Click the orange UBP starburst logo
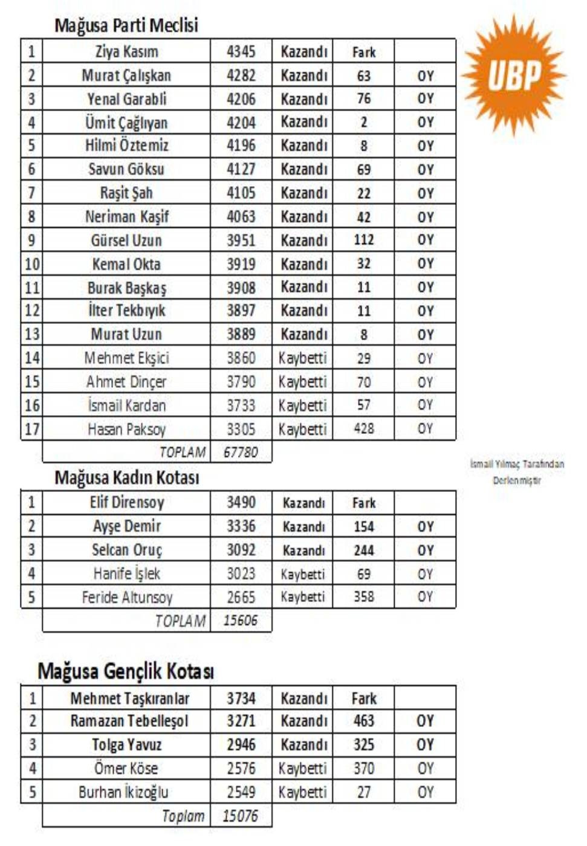(x=514, y=75)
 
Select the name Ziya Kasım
(x=126, y=51)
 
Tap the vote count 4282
(x=241, y=76)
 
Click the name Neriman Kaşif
(x=126, y=216)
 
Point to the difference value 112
(x=363, y=240)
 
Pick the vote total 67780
(x=241, y=452)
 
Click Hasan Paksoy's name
(x=126, y=429)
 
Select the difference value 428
(x=363, y=428)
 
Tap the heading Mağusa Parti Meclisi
(x=126, y=25)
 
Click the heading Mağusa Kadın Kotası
(x=126, y=478)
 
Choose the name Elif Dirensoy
(x=126, y=502)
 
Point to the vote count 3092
(x=241, y=550)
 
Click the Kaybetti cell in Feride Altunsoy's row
(x=302, y=597)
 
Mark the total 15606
(x=241, y=621)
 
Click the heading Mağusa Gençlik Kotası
(x=125, y=671)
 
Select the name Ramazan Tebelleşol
(x=129, y=721)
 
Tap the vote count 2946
(x=241, y=744)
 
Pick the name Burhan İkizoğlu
(x=123, y=792)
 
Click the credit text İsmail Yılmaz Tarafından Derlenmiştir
(x=517, y=472)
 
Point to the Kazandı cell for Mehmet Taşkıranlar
(x=303, y=699)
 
